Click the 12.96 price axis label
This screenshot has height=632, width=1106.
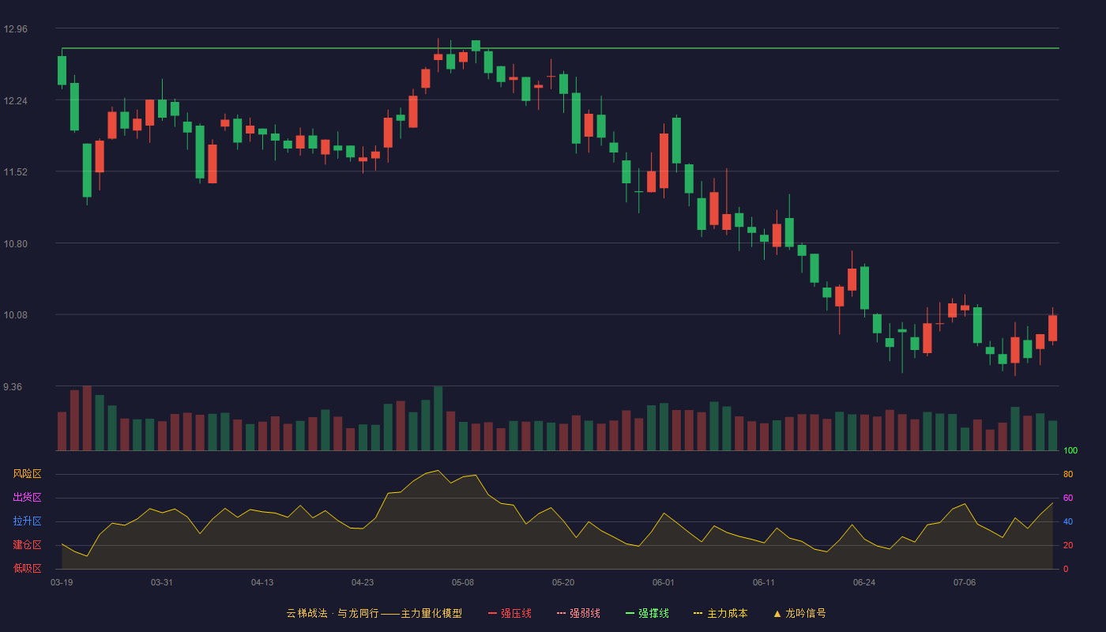[15, 29]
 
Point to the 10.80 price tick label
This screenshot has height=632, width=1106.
[15, 244]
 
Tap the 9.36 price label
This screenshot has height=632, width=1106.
[13, 387]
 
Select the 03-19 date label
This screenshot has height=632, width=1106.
[62, 583]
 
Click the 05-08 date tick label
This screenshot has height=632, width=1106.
[463, 583]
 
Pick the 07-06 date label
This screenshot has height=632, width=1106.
[965, 583]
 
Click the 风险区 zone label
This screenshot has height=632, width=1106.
[27, 474]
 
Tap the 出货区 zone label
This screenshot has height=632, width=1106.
[27, 497]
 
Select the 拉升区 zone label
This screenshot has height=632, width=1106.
[27, 521]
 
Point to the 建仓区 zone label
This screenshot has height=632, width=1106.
[27, 544]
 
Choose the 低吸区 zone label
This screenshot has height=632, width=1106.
[27, 568]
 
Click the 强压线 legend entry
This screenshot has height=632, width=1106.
[510, 613]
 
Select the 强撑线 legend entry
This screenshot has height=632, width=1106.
[647, 613]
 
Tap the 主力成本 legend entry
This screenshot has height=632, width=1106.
[720, 613]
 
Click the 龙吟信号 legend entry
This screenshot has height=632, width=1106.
[799, 613]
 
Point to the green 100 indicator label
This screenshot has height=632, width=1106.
[1070, 450]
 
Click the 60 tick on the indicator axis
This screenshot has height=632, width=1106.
[1068, 498]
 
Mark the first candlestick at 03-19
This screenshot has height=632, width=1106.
[62, 70]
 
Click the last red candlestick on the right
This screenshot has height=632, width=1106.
[1052, 328]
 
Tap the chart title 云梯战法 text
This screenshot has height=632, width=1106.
[307, 613]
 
